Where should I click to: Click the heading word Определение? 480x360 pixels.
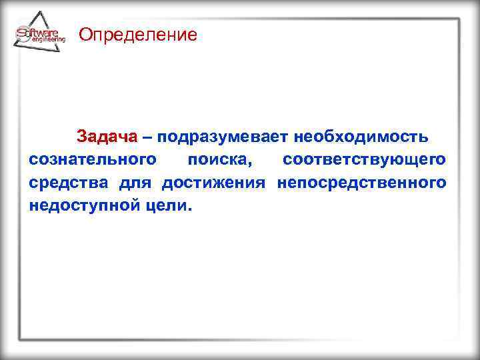pyautogui.click(x=138, y=35)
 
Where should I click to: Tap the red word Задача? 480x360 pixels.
pyautogui.click(x=107, y=137)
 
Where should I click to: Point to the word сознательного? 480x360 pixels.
pyautogui.click(x=93, y=160)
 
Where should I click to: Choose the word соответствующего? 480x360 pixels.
pyautogui.click(x=365, y=160)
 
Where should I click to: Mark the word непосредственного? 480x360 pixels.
pyautogui.click(x=361, y=183)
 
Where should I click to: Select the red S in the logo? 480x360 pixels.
pyautogui.click(x=21, y=33)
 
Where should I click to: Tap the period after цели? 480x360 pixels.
pyautogui.click(x=189, y=209)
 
